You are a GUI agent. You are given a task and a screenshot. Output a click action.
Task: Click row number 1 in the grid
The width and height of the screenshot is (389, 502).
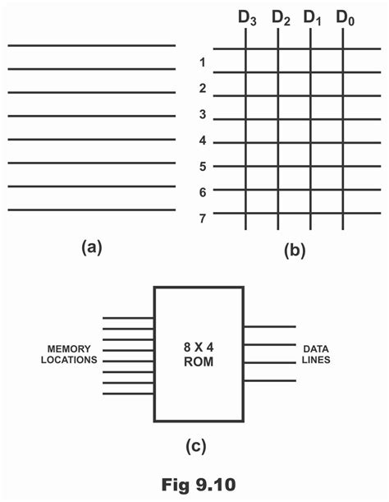202,62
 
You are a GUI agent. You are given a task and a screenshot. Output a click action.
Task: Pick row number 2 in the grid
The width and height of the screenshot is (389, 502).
202,88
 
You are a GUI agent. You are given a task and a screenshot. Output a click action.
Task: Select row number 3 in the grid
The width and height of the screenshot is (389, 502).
202,114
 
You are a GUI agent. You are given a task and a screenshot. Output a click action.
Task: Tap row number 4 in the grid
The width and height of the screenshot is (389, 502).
202,140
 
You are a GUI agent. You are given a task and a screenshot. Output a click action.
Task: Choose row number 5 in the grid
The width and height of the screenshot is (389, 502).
202,166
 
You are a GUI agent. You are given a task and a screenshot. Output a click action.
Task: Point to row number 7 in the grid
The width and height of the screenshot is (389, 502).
202,218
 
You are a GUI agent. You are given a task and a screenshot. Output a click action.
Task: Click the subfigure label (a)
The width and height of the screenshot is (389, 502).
90,246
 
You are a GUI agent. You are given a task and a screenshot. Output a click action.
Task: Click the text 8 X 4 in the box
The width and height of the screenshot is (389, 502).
199,347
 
